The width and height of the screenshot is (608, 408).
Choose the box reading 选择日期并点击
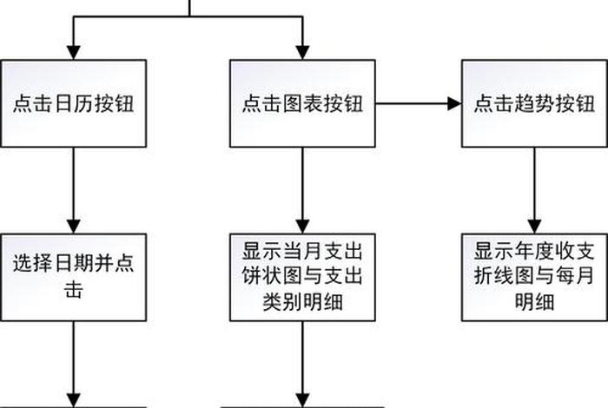click(x=73, y=276)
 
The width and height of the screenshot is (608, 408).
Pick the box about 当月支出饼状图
click(x=302, y=276)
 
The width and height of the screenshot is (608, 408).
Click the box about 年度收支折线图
click(x=533, y=276)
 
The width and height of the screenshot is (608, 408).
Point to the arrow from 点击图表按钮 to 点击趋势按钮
click(x=417, y=104)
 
